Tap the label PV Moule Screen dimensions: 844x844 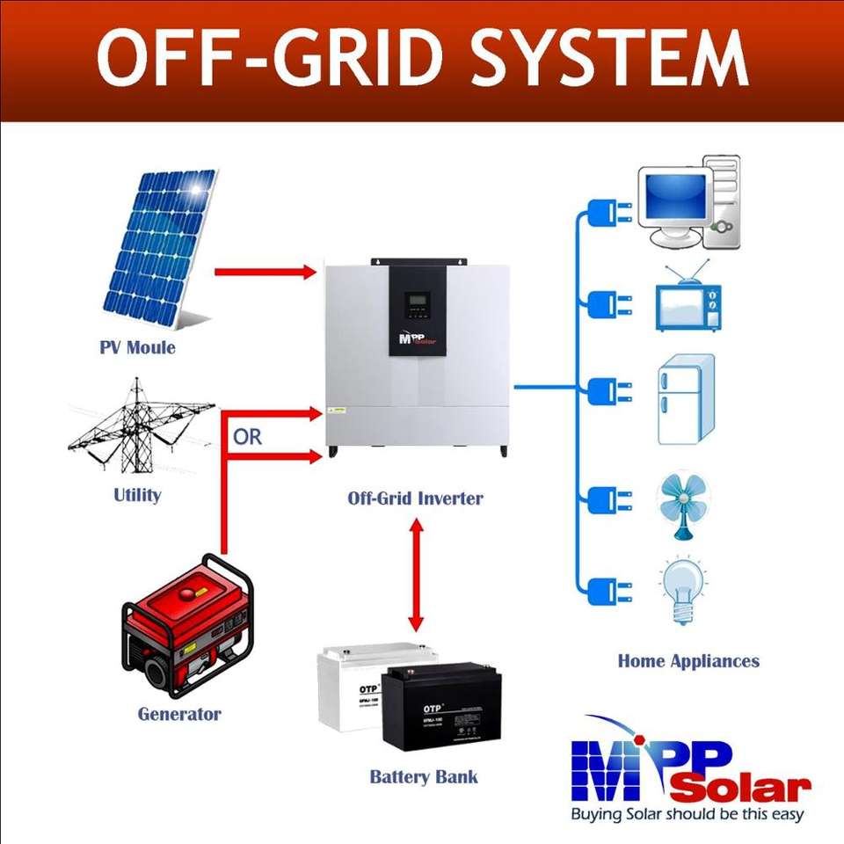click(137, 347)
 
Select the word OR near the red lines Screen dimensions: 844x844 click(247, 437)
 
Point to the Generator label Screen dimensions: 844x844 click(178, 713)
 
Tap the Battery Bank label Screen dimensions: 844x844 click(424, 777)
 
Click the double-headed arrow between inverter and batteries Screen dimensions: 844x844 click(416, 574)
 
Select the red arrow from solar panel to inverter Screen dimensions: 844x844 click(265, 272)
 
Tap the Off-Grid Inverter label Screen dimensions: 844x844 click(415, 498)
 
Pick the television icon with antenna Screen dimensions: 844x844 click(687, 299)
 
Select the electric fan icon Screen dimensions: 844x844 click(684, 505)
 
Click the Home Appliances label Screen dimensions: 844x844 click(688, 660)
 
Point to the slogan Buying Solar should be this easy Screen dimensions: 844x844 click(688, 814)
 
